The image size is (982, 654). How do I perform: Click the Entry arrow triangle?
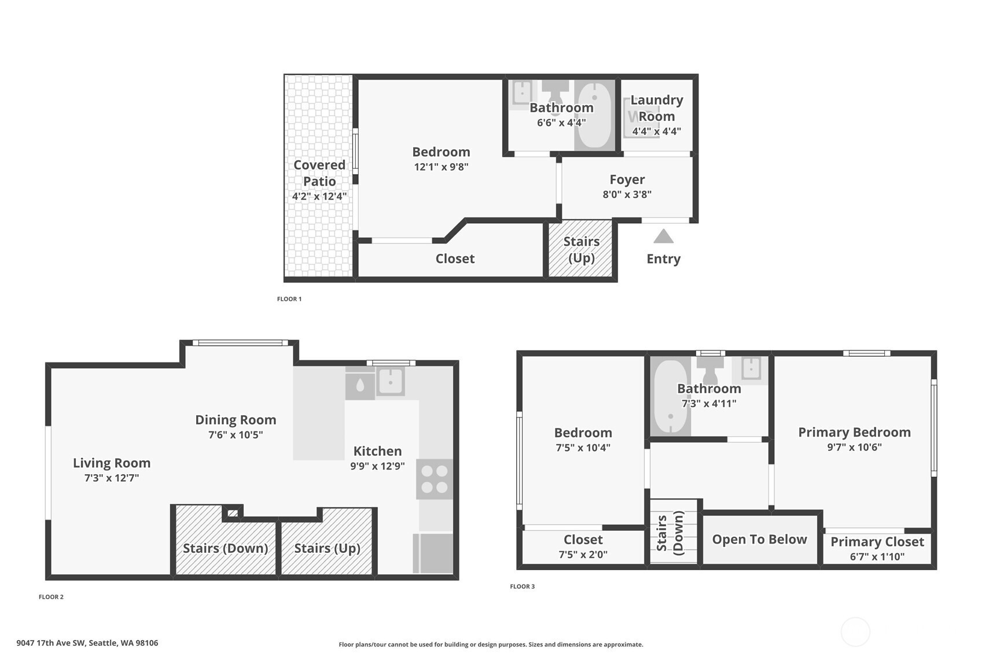point(663,236)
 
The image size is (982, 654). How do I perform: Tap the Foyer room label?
point(627,180)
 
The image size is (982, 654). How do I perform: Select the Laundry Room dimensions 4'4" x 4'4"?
point(656,131)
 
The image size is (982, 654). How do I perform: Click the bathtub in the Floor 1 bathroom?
point(594,114)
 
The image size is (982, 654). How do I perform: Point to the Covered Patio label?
point(319,173)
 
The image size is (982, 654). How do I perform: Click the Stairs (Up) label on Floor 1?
point(582,250)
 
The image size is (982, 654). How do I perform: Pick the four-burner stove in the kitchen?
point(435,479)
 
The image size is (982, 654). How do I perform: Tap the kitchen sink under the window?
point(389,381)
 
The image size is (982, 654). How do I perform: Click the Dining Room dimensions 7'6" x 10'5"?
point(236,434)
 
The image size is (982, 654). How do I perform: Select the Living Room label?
point(112,463)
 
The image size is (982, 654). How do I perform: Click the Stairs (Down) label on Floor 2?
point(225,548)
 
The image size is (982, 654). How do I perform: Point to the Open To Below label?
point(759,540)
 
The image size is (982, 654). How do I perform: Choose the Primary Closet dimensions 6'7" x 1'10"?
point(877,556)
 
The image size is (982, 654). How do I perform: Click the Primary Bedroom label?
point(855,433)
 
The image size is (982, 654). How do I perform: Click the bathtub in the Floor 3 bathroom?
point(670,396)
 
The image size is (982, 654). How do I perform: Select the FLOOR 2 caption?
point(51,597)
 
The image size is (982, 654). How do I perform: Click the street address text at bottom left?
point(87,643)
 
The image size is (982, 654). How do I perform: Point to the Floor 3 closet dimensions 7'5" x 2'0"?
point(583,555)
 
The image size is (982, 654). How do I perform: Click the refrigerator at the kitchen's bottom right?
point(433,553)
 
